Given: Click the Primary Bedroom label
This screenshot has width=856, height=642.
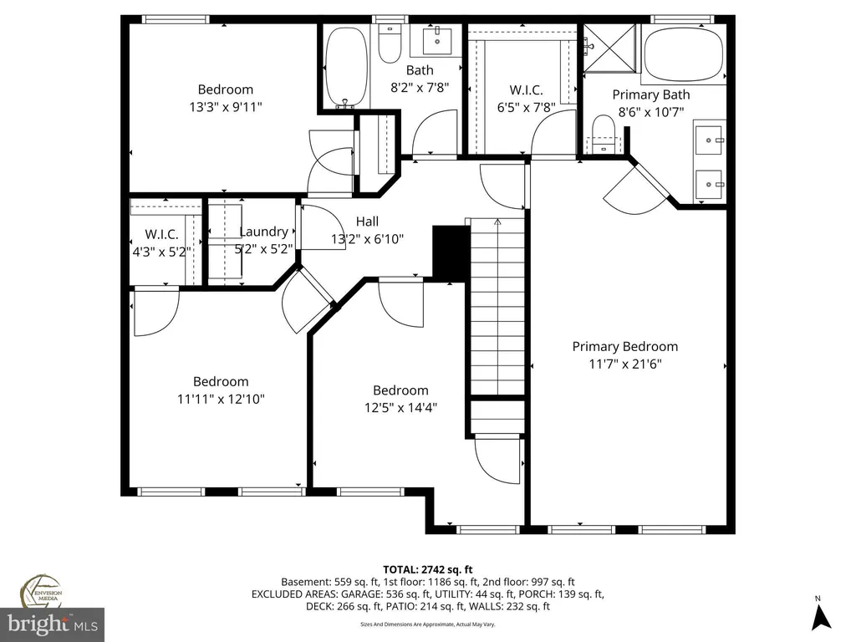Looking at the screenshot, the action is click(625, 346).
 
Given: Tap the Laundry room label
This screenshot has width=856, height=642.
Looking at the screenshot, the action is click(263, 232).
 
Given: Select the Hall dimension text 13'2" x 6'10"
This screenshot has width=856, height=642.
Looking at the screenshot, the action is click(368, 238).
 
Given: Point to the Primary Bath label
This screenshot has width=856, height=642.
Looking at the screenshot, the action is click(650, 94).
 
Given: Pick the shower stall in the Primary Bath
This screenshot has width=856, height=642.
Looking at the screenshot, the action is click(609, 48).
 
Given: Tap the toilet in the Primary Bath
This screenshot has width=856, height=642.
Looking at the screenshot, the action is click(604, 135).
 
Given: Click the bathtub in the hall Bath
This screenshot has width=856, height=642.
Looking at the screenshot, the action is click(346, 66).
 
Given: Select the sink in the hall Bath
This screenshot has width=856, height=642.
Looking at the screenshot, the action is click(437, 40).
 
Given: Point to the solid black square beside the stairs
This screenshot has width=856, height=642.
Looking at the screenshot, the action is click(451, 252).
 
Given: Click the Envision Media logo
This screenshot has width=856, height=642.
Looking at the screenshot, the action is click(42, 591).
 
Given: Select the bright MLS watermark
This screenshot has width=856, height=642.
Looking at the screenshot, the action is click(53, 624).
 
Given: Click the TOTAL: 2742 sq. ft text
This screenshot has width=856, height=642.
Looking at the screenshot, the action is click(427, 570).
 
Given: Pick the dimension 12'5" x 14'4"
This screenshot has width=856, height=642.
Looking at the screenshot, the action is click(400, 407).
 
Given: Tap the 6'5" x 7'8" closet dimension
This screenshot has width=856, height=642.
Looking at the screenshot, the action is click(526, 107).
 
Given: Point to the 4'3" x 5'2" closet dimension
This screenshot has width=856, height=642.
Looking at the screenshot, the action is click(161, 252).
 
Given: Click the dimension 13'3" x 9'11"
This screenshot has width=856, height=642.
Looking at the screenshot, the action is click(226, 106).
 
